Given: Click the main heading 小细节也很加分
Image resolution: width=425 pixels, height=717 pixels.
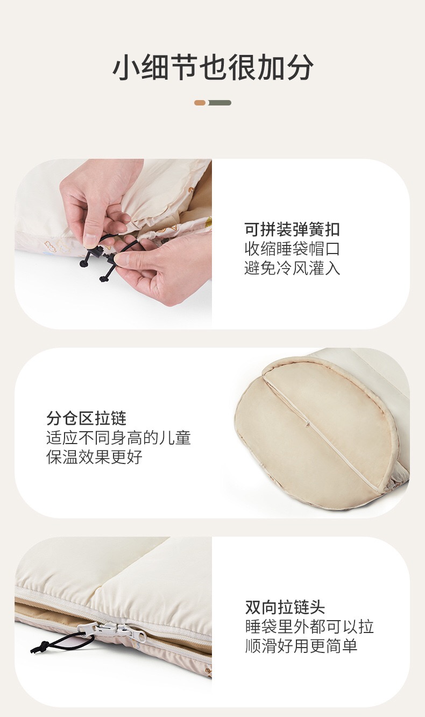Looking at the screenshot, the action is tap(212, 68).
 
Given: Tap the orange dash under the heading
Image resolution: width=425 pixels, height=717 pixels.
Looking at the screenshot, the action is tap(200, 103).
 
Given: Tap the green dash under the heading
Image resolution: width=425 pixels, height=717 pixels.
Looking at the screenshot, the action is tap(219, 103).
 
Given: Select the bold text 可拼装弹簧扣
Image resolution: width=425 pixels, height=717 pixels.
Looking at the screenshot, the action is tap(292, 229).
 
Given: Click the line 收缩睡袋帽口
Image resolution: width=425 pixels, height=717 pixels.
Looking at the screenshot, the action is tap(292, 249).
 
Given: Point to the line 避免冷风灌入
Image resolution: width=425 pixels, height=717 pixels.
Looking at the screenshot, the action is tap(292, 268).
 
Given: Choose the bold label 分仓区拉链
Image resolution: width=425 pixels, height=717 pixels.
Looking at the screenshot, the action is tap(87, 418).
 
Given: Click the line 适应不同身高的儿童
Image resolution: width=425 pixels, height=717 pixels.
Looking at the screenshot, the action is tap(119, 438).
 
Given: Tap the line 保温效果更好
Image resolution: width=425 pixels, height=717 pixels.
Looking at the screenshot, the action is tap(95, 457).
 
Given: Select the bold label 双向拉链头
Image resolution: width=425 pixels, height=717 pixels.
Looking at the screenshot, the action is tap(285, 607).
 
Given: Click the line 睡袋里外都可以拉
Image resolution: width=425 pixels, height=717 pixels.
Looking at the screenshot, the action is tap(309, 627).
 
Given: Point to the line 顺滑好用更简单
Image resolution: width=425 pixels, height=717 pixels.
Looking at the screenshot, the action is tap(301, 645).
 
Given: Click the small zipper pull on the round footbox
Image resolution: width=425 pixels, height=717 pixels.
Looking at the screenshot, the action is tap(308, 424).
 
